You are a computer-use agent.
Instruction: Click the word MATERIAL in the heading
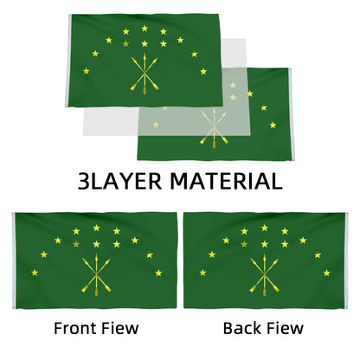pos(226,182)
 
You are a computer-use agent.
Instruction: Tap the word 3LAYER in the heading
pos(119,182)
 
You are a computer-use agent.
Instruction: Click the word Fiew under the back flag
pos(285,328)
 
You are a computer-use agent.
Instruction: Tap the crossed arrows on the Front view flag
pos(96,276)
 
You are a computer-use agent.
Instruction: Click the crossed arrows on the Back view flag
pos(264,276)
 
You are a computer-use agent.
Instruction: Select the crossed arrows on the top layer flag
pos(145,74)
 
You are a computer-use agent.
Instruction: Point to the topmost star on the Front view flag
pos(96,228)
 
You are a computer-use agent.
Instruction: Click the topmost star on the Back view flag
pos(265,228)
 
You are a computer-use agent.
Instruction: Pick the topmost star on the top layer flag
pos(145,29)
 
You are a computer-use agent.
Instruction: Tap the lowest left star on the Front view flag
pos(35,273)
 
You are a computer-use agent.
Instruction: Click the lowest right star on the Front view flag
pos(158,273)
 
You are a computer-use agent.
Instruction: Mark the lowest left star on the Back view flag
pos(202,273)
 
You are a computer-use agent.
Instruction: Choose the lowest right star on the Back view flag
pos(327,273)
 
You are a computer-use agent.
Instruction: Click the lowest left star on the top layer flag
pos(87,71)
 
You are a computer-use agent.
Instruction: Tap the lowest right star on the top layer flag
pos(203,71)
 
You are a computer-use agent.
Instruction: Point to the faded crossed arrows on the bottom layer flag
pos(214,128)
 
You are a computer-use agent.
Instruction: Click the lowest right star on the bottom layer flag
pos(273,125)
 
